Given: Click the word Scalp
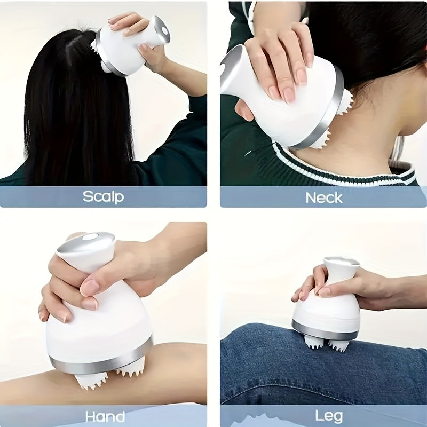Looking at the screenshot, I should (103, 196).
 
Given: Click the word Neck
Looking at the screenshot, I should (323, 197).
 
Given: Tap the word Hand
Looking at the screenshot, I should (105, 416).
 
